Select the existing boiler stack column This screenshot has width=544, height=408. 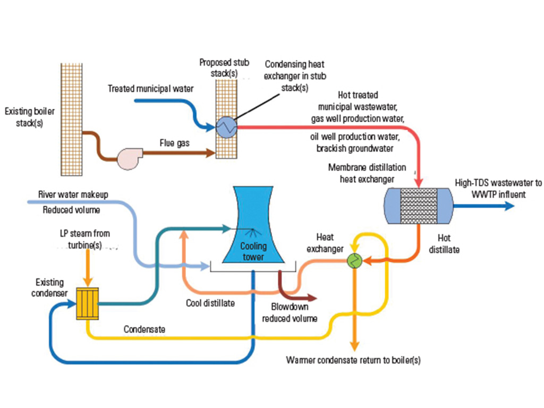(x=71, y=119)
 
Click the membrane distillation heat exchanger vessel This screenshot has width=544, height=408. (x=418, y=205)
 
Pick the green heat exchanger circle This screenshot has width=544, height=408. (x=353, y=260)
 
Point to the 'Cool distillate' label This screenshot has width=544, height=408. (x=210, y=303)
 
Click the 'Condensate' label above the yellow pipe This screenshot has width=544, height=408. (x=144, y=329)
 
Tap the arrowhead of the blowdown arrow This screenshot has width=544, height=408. (x=312, y=297)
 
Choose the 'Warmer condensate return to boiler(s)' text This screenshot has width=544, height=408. (x=353, y=360)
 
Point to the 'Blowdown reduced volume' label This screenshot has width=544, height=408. (x=290, y=313)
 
